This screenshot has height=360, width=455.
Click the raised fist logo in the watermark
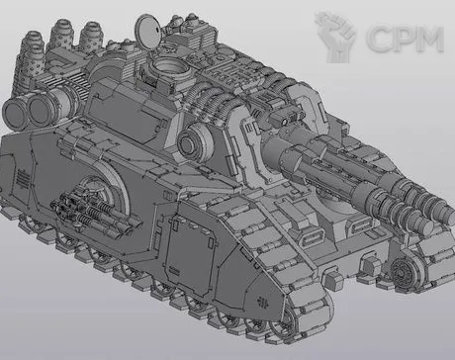click(334, 37)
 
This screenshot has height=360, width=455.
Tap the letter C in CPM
click(378, 39)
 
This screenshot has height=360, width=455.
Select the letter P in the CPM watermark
click(404, 39)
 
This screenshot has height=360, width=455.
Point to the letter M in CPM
click(429, 39)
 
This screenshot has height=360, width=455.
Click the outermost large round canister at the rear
click(16, 114)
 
